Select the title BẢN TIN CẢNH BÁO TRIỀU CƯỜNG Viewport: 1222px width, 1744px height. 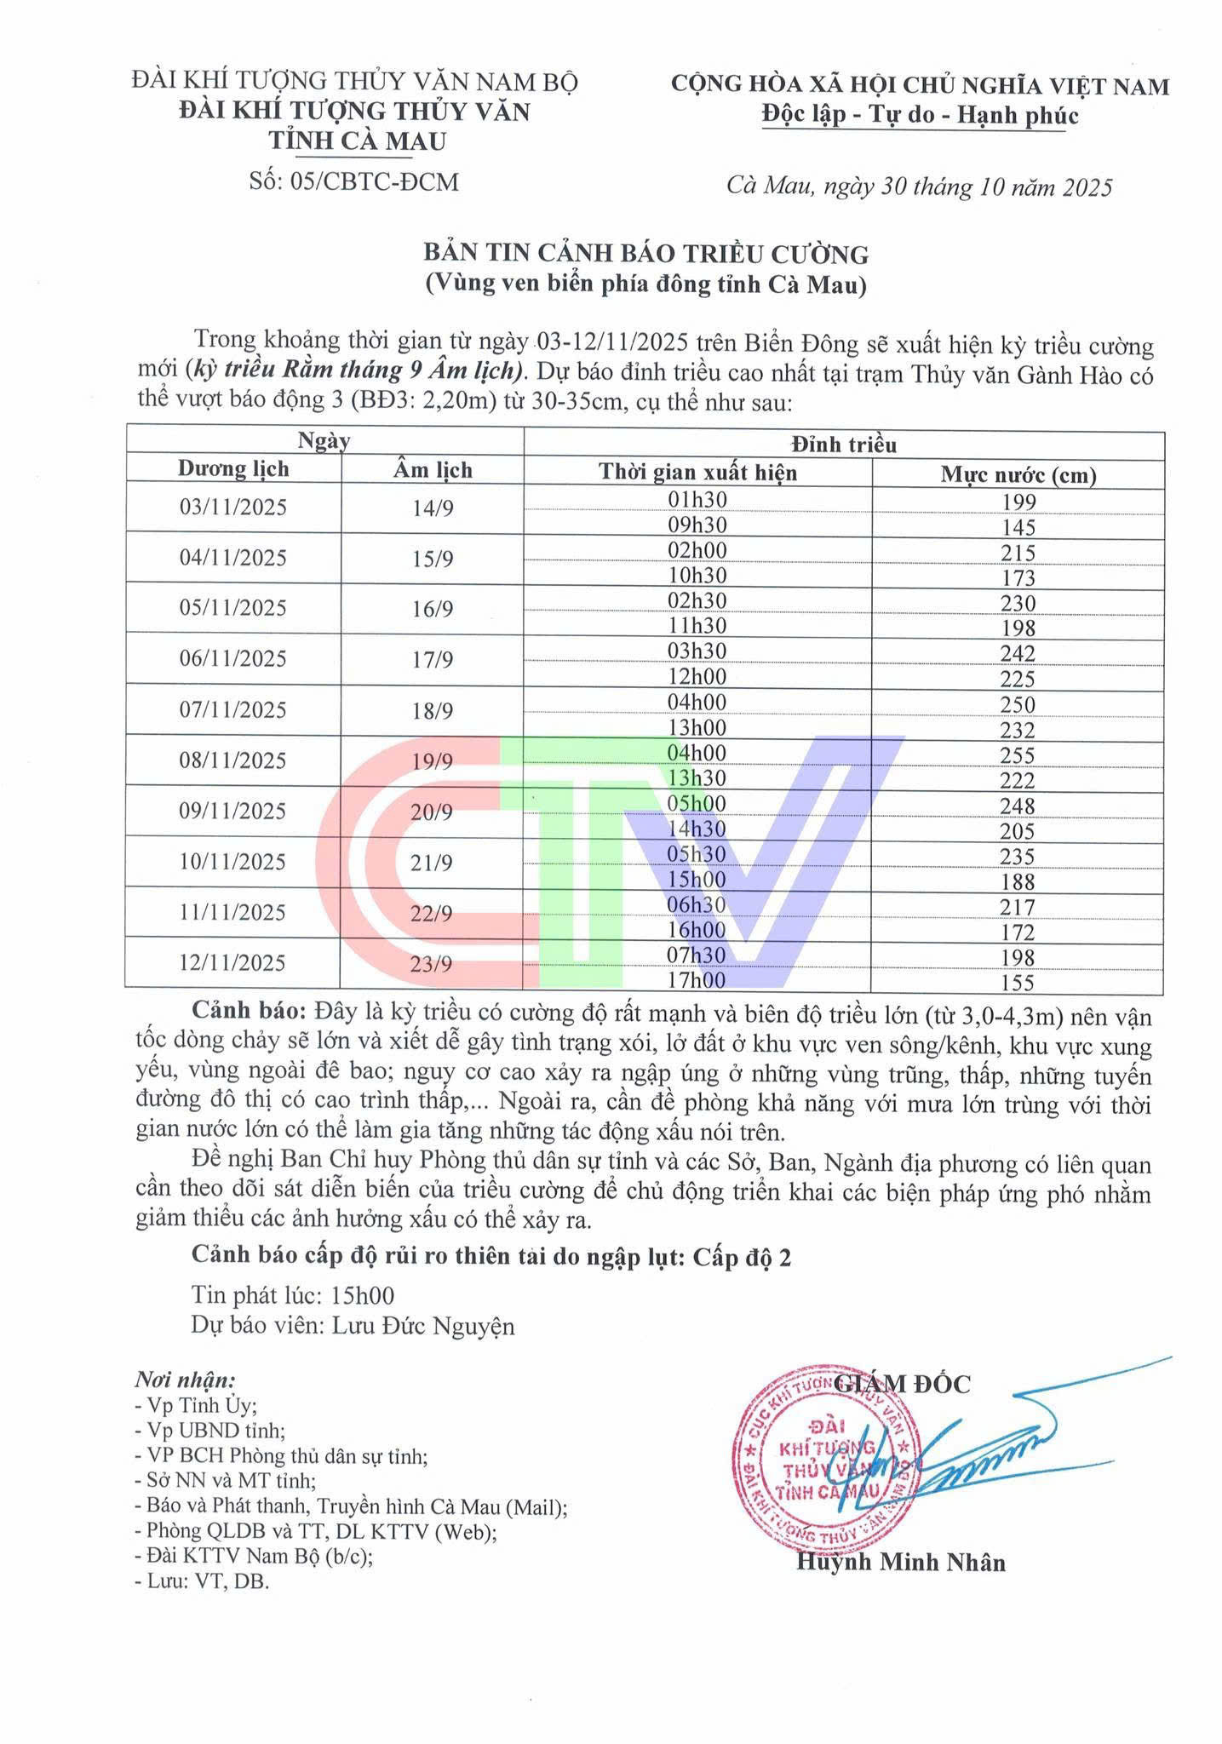click(646, 254)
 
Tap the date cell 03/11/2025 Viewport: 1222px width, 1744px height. click(233, 508)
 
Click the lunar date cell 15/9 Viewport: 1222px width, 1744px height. click(433, 559)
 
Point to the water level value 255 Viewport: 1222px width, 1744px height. click(1018, 755)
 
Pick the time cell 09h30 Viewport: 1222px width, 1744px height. click(697, 525)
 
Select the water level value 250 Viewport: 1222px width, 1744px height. click(1018, 705)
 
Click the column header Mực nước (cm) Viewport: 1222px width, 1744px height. click(1018, 474)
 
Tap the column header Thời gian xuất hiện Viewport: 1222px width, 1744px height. click(697, 473)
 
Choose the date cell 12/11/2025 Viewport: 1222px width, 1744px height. click(232, 963)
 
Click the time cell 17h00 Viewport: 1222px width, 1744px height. click(697, 981)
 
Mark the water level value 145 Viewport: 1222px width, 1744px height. click(1018, 527)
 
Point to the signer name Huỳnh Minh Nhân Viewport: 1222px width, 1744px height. click(901, 1562)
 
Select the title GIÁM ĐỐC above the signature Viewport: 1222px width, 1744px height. click(903, 1384)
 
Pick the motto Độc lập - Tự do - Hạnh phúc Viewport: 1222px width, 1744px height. click(920, 116)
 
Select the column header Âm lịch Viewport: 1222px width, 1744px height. click(433, 470)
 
